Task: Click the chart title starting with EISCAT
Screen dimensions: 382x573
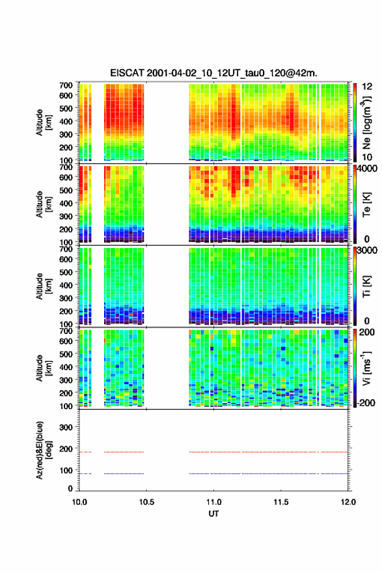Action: point(213,73)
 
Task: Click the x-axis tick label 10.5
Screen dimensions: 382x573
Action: point(146,502)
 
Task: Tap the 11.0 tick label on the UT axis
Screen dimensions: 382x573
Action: point(213,502)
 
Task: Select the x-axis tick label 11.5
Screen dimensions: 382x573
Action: point(281,502)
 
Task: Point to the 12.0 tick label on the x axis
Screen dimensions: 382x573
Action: point(348,502)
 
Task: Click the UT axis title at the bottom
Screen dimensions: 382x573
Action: point(213,514)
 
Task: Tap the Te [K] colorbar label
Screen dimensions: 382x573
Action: point(366,205)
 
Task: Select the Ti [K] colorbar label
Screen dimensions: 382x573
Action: point(366,286)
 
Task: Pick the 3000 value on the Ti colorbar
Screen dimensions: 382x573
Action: point(367,251)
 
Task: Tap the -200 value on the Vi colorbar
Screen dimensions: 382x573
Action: point(366,402)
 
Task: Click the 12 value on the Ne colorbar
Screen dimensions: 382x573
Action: point(367,87)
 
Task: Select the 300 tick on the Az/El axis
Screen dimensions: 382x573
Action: point(66,427)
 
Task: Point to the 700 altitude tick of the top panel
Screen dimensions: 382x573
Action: point(66,85)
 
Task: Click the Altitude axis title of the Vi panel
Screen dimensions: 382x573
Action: point(44,368)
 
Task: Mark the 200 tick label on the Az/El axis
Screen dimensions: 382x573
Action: point(66,449)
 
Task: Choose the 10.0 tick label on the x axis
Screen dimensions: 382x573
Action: point(79,502)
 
